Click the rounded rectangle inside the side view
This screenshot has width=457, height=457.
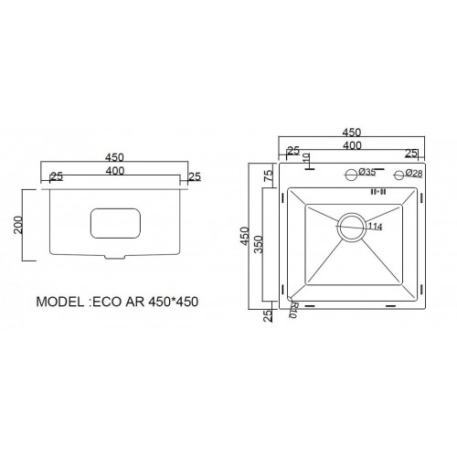click(115, 224)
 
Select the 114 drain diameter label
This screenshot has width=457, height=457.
click(376, 226)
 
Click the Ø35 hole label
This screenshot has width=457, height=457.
click(368, 173)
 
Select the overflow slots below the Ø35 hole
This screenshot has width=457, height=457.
click(375, 192)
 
